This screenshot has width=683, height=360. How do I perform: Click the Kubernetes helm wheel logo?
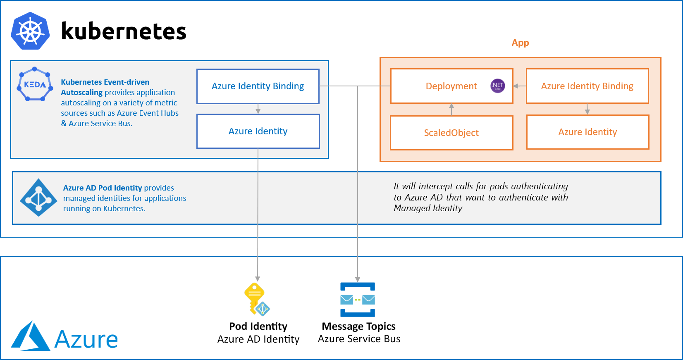pyautogui.click(x=31, y=31)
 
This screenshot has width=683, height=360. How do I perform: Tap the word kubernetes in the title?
pyautogui.click(x=124, y=31)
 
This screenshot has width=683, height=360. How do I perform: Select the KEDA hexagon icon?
pyautogui.click(x=35, y=85)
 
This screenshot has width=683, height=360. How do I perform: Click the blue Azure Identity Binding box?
pyautogui.click(x=258, y=86)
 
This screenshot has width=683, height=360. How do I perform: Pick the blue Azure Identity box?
pyautogui.click(x=258, y=131)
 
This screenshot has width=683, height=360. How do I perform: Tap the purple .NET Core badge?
pyautogui.click(x=497, y=86)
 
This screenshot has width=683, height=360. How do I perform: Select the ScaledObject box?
pyautogui.click(x=451, y=133)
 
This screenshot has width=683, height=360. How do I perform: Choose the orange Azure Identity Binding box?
pyautogui.click(x=587, y=86)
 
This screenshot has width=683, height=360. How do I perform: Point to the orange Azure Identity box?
pyautogui.click(x=587, y=132)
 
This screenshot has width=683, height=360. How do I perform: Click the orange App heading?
pyautogui.click(x=520, y=43)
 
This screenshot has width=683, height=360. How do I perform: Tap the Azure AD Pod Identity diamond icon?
pyautogui.click(x=38, y=198)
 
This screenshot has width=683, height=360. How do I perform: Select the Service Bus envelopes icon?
pyautogui.click(x=358, y=300)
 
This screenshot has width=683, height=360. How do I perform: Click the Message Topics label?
pyautogui.click(x=358, y=326)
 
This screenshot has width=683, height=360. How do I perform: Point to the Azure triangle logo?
pyautogui.click(x=30, y=337)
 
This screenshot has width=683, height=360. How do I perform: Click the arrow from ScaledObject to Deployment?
pyautogui.click(x=451, y=110)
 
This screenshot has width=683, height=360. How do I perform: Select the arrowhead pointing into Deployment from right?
pyautogui.click(x=516, y=86)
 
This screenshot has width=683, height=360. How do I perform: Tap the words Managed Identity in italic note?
pyautogui.click(x=428, y=208)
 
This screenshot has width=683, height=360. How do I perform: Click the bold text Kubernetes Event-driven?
pyautogui.click(x=105, y=82)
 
